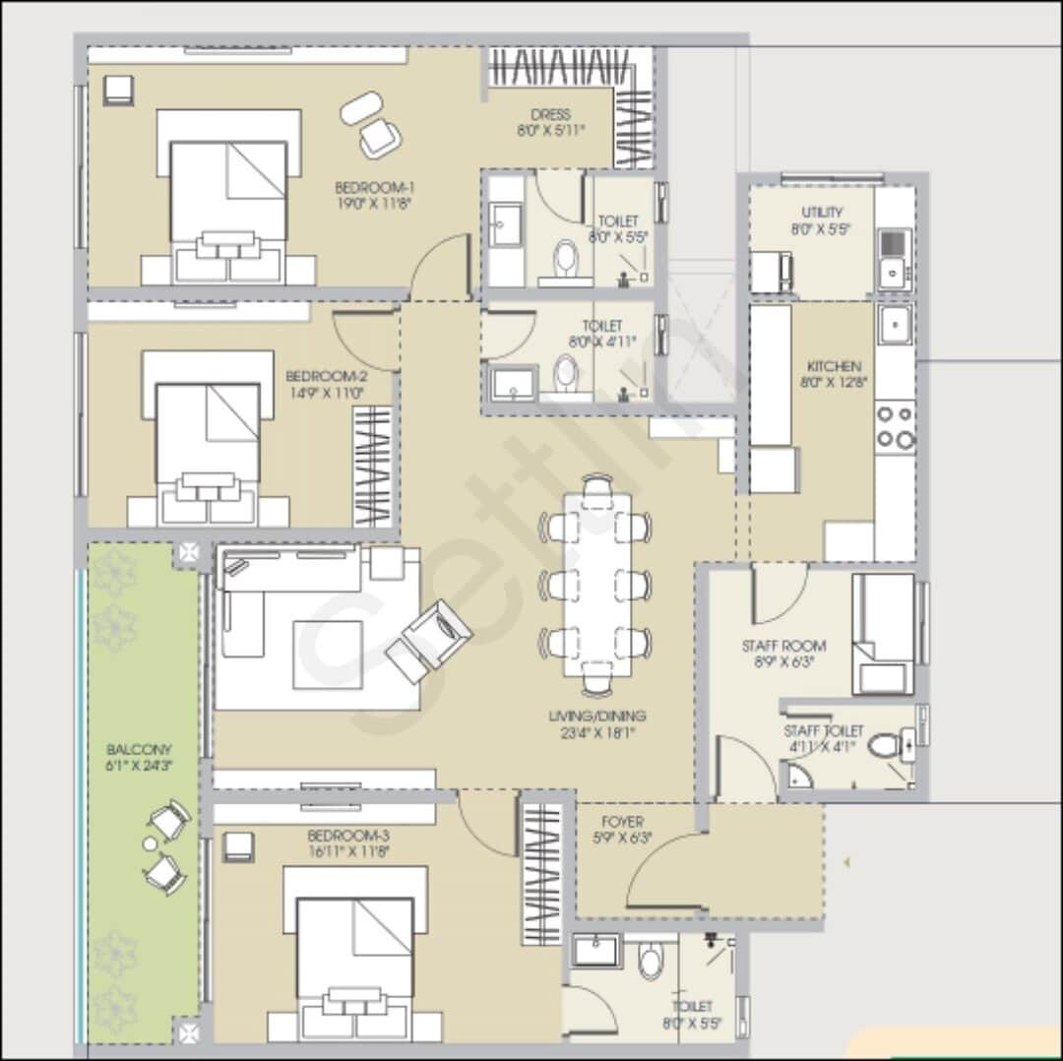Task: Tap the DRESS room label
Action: tap(550, 114)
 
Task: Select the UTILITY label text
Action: tap(822, 212)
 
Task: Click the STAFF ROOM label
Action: tap(783, 646)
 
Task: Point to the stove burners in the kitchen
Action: tap(896, 427)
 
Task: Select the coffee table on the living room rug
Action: tap(328, 655)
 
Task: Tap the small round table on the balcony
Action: tap(150, 843)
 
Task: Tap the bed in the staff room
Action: tap(884, 634)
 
